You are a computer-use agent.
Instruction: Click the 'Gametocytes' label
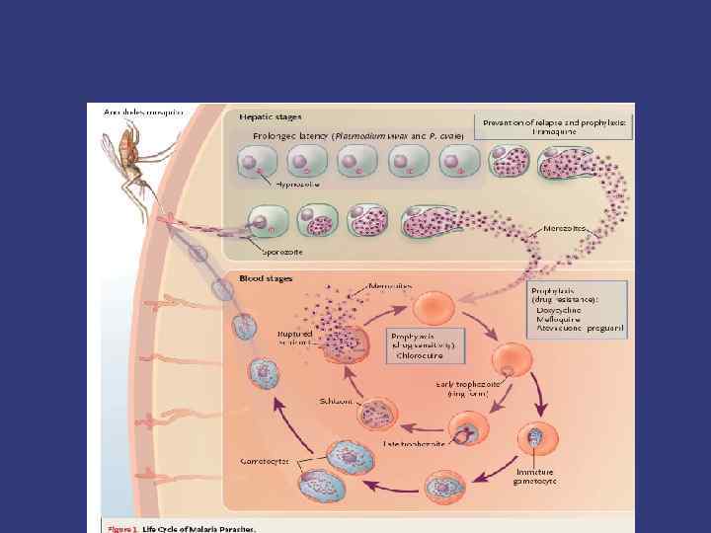[267, 461]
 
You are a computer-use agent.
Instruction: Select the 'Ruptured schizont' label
[294, 339]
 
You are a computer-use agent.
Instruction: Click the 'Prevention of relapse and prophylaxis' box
[553, 126]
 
